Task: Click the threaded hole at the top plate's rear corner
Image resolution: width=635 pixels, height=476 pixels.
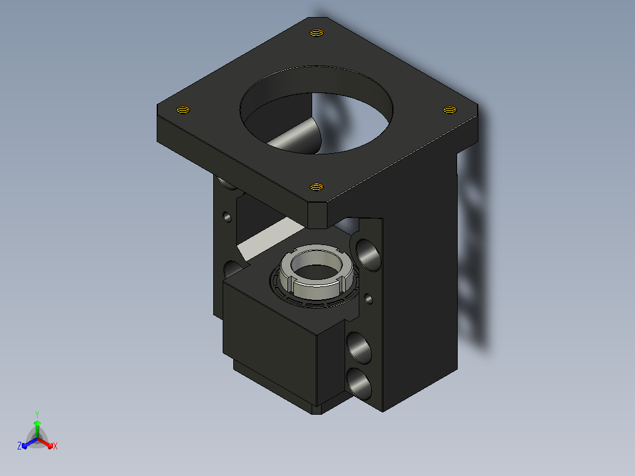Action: [x=316, y=33]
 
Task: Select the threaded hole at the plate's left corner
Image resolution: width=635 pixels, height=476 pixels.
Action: [x=183, y=110]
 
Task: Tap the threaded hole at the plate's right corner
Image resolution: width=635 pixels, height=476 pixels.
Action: [x=449, y=110]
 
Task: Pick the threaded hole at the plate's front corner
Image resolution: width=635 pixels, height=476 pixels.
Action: [x=316, y=187]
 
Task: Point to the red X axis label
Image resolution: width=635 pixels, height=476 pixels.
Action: [x=55, y=446]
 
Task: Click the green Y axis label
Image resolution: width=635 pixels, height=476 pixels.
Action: [x=37, y=415]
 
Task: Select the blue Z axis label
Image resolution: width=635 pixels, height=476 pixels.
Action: [x=19, y=446]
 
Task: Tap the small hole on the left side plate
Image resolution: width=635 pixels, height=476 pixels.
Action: [x=227, y=217]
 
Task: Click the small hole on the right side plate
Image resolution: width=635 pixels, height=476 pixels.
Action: [x=369, y=299]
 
